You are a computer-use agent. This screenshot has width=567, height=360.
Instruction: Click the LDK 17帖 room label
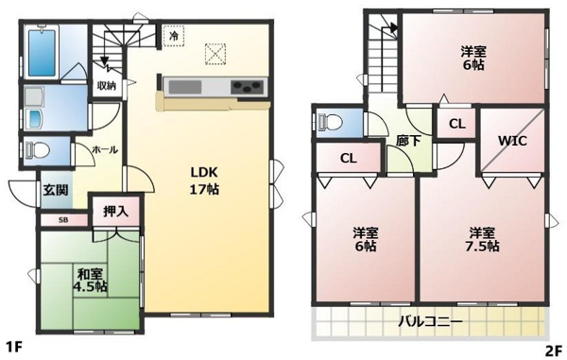tap(204, 180)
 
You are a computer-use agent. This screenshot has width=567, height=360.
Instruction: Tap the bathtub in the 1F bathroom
tap(42, 52)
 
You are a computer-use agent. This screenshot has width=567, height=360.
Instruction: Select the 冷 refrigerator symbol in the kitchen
tap(174, 36)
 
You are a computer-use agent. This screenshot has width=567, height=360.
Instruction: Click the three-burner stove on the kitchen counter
tap(247, 87)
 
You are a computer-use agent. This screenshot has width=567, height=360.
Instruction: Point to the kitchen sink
tap(185, 87)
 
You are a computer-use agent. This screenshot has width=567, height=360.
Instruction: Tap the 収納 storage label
tap(106, 86)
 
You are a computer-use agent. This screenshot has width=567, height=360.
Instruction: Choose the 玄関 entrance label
tap(56, 190)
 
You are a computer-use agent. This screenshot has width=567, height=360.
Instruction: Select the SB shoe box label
tap(63, 220)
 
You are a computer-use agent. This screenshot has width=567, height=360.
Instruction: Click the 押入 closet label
tap(115, 212)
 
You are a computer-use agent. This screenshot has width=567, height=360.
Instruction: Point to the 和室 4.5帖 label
tap(90, 280)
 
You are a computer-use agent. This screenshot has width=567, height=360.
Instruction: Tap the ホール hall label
tap(105, 149)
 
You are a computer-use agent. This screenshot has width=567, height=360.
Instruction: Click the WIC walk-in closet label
tap(512, 141)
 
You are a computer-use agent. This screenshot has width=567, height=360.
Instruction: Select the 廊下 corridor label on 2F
tap(408, 141)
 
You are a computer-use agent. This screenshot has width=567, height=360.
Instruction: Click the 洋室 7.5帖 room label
tap(482, 239)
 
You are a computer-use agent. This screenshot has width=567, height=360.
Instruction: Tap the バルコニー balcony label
tap(431, 321)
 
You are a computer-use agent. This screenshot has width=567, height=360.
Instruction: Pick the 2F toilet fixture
tap(330, 122)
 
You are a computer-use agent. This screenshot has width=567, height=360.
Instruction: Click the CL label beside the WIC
tap(457, 124)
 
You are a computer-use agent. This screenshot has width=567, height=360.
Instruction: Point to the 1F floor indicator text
tap(15, 349)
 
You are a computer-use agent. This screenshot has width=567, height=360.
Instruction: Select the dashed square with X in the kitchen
tap(215, 54)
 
